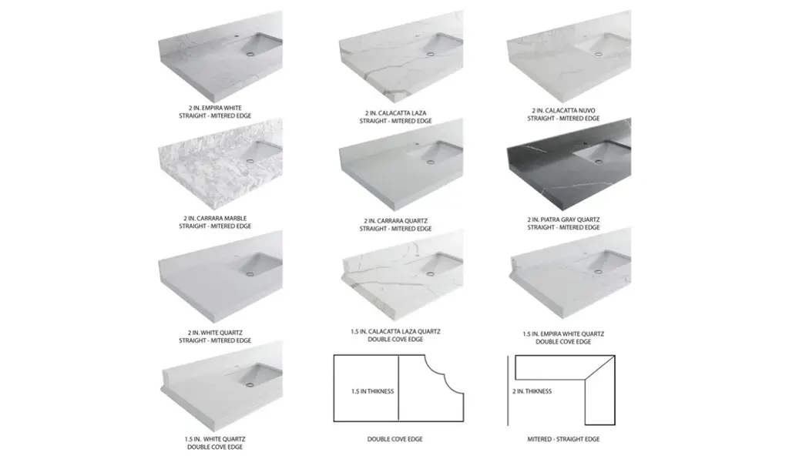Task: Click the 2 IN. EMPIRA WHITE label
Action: click(215, 108)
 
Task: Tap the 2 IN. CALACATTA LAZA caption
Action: click(395, 113)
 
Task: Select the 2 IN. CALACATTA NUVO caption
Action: click(563, 111)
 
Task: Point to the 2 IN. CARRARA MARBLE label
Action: click(215, 219)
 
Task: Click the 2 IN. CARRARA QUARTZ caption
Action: click(395, 221)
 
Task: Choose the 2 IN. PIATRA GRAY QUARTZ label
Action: click(563, 219)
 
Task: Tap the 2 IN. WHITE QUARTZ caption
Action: click(215, 333)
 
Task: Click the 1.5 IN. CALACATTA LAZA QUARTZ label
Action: click(395, 332)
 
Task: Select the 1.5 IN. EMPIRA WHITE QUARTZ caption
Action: click(563, 333)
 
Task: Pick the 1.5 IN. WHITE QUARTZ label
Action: click(215, 440)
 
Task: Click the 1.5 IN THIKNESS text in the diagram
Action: click(372, 391)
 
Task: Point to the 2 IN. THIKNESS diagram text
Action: click(532, 391)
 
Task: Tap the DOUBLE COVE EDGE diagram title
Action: click(395, 440)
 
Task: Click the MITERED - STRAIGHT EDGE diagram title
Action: click(563, 440)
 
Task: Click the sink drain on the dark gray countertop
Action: click(598, 162)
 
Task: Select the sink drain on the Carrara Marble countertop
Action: click(250, 161)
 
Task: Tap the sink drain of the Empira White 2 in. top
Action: click(250, 52)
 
